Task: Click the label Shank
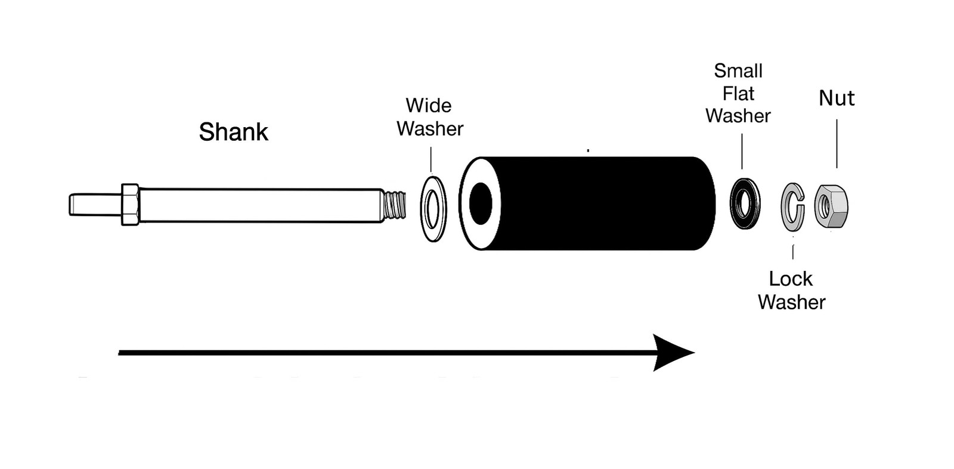(x=233, y=132)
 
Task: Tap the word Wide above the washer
(x=429, y=105)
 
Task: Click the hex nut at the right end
(x=831, y=206)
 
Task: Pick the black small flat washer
(x=736, y=203)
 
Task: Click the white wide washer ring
(x=424, y=208)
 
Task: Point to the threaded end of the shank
(x=394, y=205)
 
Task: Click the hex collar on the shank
(x=130, y=205)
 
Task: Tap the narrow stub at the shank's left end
(x=95, y=205)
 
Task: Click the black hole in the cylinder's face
(x=481, y=204)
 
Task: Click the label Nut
(x=837, y=98)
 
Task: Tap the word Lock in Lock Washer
(x=791, y=279)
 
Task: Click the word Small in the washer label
(x=738, y=71)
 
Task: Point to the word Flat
(x=739, y=93)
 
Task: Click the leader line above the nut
(x=837, y=143)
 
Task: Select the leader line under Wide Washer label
(x=431, y=159)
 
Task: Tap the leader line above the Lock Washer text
(x=792, y=252)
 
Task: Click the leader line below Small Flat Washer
(x=742, y=152)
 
